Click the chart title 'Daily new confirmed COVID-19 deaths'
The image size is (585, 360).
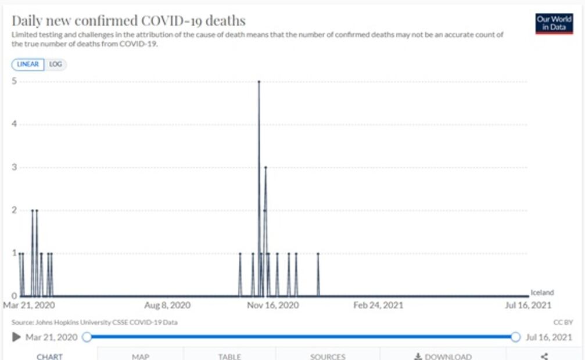click(x=128, y=21)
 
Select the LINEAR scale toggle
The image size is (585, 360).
click(x=28, y=64)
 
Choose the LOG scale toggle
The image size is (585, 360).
click(x=56, y=64)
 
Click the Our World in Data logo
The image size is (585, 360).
click(x=554, y=23)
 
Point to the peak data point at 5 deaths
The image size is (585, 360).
click(x=259, y=82)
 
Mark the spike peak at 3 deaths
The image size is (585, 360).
click(x=265, y=167)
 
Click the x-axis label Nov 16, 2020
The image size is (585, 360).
click(x=273, y=305)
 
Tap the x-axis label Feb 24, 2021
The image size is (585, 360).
click(x=378, y=305)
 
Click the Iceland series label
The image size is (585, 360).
click(x=542, y=293)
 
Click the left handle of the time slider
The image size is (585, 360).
click(x=87, y=337)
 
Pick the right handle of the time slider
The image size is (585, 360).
click(x=515, y=337)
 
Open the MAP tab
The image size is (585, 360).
click(x=141, y=356)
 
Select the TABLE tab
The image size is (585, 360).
click(x=229, y=356)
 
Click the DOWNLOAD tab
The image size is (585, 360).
click(x=443, y=356)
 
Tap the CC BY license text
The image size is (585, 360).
click(x=563, y=322)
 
